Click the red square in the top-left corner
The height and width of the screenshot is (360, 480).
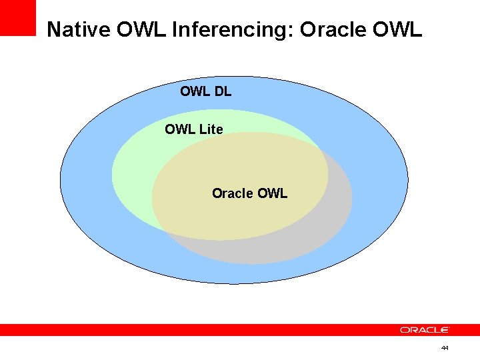(17, 17)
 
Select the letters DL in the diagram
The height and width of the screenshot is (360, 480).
(223, 92)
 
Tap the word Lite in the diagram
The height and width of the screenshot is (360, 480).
(211, 129)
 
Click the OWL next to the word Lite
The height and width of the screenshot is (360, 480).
(179, 129)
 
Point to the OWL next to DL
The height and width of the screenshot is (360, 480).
(195, 92)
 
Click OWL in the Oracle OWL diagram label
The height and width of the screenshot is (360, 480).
(272, 193)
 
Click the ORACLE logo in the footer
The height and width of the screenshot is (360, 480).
(425, 330)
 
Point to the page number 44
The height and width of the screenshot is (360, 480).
(445, 348)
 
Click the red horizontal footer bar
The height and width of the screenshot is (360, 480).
(200, 330)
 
